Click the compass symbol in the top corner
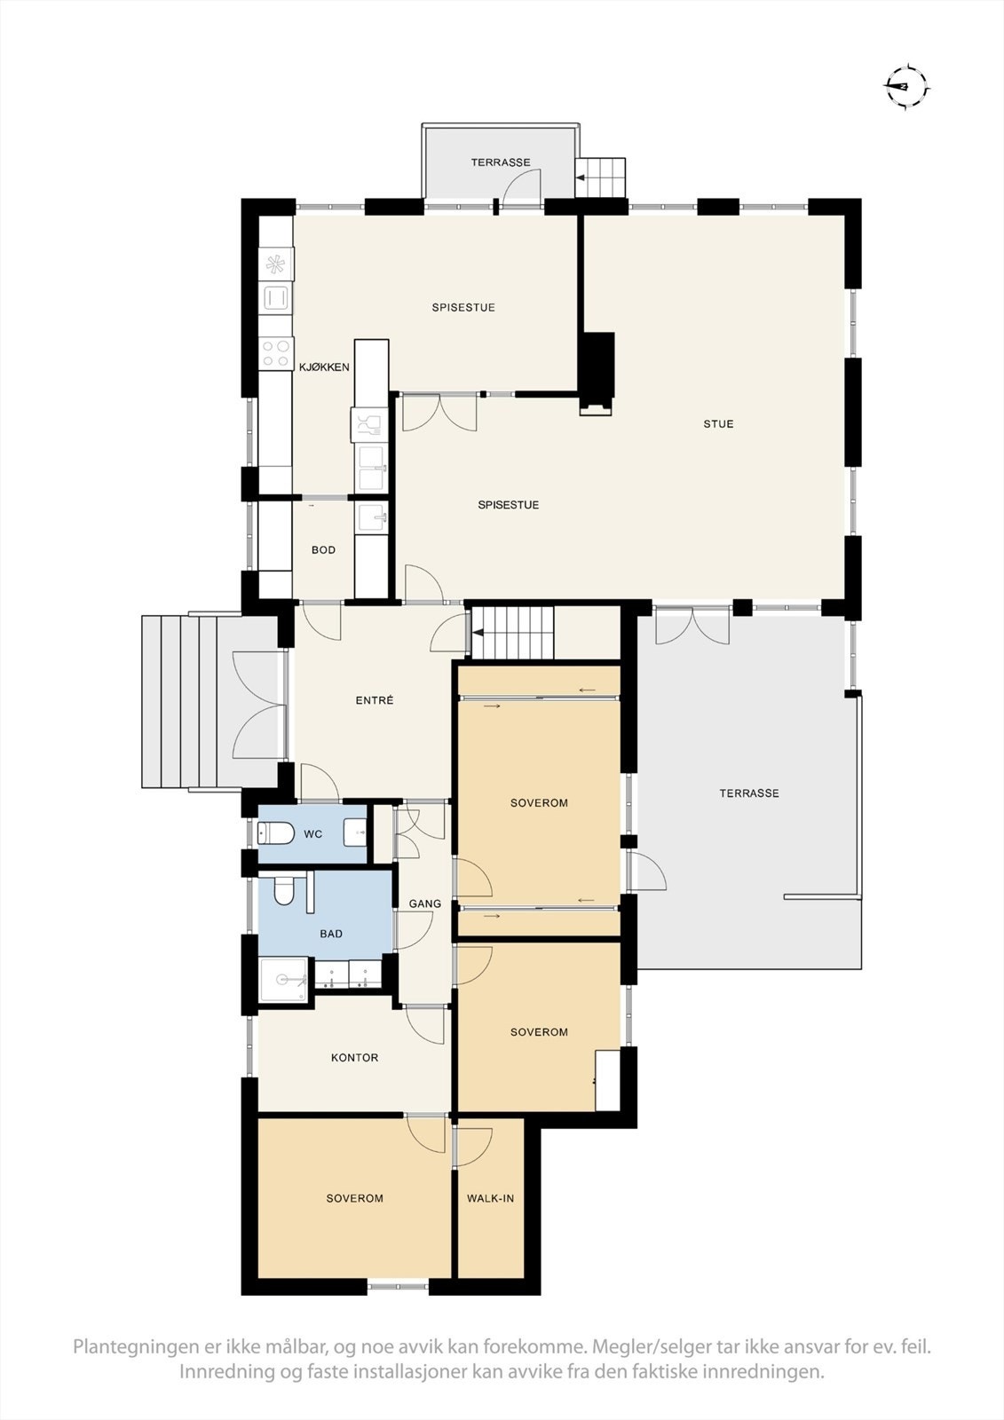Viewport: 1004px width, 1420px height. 906,87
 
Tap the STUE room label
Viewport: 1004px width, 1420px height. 718,424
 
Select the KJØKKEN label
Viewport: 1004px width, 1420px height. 324,367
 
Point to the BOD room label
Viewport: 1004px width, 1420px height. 323,550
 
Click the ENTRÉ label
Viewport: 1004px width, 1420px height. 374,700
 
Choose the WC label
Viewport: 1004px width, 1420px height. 312,834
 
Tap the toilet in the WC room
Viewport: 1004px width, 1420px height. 276,833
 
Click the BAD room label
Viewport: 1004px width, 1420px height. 330,934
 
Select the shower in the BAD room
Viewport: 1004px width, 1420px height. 284,980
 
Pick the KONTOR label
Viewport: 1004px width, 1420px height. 354,1058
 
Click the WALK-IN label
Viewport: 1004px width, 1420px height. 490,1198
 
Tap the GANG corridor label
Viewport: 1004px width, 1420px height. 424,904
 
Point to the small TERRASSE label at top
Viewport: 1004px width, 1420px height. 501,162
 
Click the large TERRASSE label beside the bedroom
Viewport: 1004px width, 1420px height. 748,793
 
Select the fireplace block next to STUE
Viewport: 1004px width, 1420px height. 597,368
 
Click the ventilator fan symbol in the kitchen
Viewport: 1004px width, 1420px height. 276,264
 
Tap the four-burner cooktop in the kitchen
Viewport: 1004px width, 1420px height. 276,353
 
